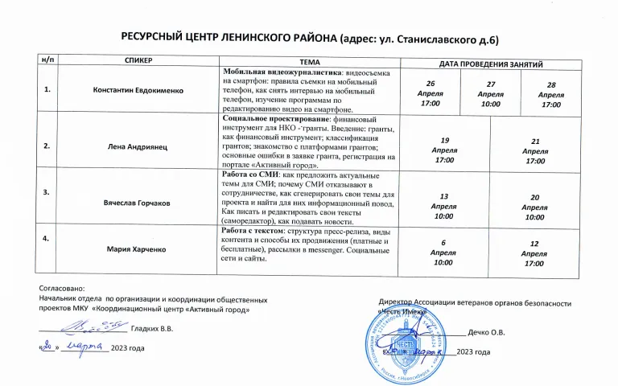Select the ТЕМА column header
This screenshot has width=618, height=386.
pyautogui.click(x=309, y=61)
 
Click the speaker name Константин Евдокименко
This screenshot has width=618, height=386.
pyautogui.click(x=138, y=90)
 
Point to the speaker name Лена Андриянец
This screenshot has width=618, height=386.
pyautogui.click(x=138, y=146)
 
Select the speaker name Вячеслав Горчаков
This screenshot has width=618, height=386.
pyautogui.click(x=138, y=203)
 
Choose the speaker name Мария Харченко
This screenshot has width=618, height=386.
pyautogui.click(x=138, y=249)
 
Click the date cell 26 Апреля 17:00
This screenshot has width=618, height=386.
pyautogui.click(x=431, y=93)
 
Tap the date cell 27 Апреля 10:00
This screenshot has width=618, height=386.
pyautogui.click(x=490, y=94)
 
